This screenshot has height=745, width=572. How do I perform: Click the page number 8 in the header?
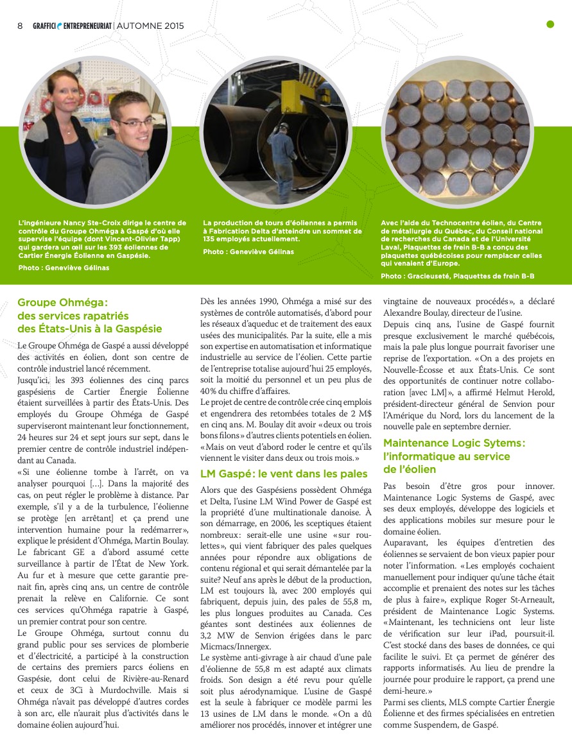coord(20,26)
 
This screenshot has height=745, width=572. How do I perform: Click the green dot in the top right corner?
coord(550,25)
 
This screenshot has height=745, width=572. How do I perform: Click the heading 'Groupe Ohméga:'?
coord(62,302)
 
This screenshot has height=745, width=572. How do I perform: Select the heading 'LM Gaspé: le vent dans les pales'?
coord(283,474)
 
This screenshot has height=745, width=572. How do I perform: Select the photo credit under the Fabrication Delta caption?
coord(248,252)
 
